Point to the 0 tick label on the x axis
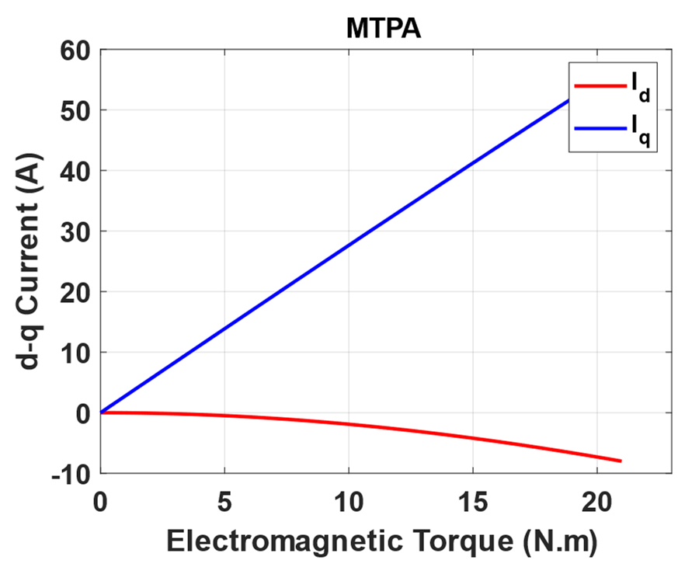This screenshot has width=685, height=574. coord(100,502)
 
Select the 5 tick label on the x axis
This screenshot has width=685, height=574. coord(224,502)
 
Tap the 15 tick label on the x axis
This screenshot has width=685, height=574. coord(472,502)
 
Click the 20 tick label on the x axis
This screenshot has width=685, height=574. coord(596,502)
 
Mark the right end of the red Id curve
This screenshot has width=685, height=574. coord(621,461)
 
